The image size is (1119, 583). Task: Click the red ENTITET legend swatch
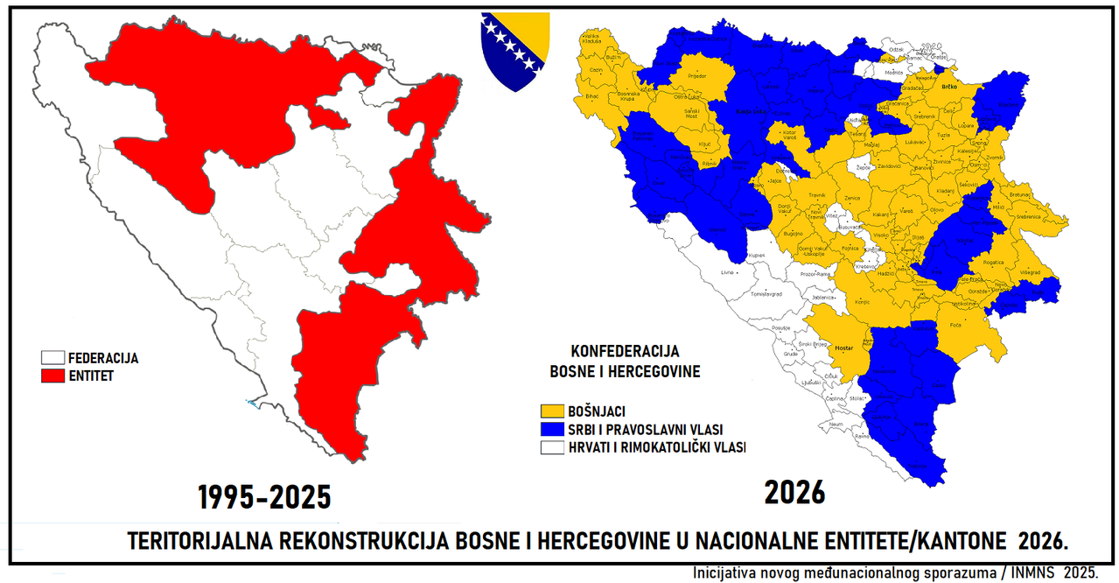point(53,376)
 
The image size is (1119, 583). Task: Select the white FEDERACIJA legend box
point(53,358)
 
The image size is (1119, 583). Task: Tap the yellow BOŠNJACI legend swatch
point(552,411)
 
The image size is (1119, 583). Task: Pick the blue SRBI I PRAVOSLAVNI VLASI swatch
point(552,429)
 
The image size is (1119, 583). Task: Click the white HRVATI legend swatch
point(552,447)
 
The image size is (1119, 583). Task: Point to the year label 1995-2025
point(263,497)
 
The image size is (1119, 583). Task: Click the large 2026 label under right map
point(794,492)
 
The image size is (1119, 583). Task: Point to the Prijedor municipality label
point(697,76)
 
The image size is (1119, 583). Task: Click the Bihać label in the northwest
point(593,95)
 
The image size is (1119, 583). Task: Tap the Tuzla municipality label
point(942,136)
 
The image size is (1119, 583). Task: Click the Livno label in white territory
point(726,272)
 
